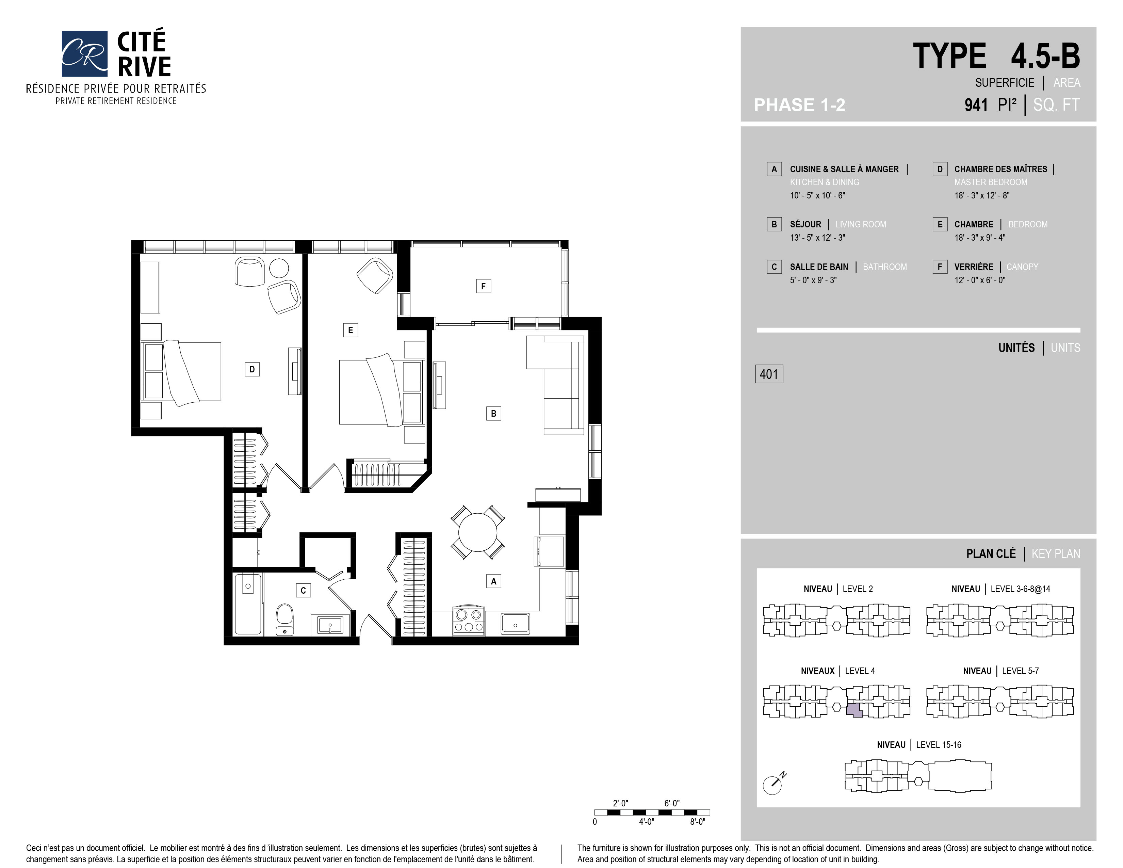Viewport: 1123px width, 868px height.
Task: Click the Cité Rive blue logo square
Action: pos(84,53)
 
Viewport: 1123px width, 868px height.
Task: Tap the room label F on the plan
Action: pos(483,286)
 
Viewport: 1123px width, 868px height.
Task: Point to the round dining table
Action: pos(478,532)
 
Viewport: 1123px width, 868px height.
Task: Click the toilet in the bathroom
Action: pos(284,620)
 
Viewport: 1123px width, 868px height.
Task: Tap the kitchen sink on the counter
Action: pos(515,624)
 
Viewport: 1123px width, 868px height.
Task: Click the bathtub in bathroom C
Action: pos(248,604)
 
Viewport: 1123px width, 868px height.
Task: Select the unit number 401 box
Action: pos(769,374)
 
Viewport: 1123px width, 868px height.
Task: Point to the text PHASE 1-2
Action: pos(800,105)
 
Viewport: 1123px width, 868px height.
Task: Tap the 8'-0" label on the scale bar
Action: pos(697,822)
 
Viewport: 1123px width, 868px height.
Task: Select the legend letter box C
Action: pos(774,267)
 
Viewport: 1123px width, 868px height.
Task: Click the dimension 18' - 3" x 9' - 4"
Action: pos(979,238)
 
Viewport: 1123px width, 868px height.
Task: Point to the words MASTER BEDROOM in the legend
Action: pos(991,182)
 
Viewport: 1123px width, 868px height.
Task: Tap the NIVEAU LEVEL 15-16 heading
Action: pos(919,744)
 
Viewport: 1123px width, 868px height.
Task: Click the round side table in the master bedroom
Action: pos(279,268)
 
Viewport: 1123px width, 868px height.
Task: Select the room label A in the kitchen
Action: pos(493,581)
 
